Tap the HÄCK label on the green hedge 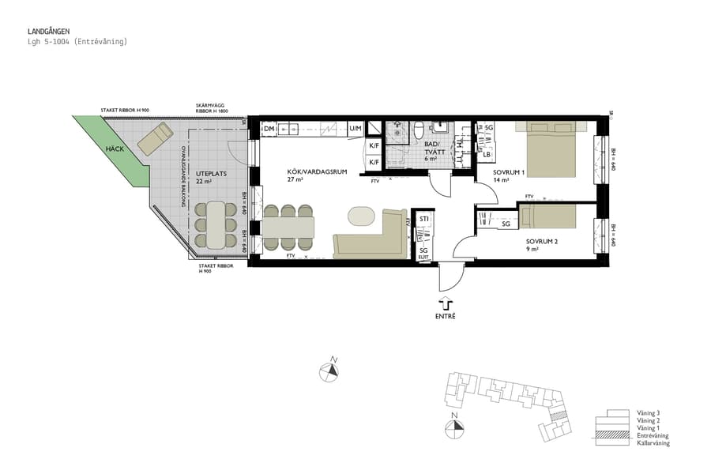pyautogui.click(x=117, y=148)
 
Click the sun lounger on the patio pyautogui.click(x=154, y=139)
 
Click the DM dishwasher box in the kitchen pyautogui.click(x=269, y=129)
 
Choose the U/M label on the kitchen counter pyautogui.click(x=355, y=129)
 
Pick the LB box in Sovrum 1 pyautogui.click(x=488, y=154)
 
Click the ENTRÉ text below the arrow pyautogui.click(x=446, y=316)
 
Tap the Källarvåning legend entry pyautogui.click(x=653, y=443)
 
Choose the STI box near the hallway pyautogui.click(x=424, y=219)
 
